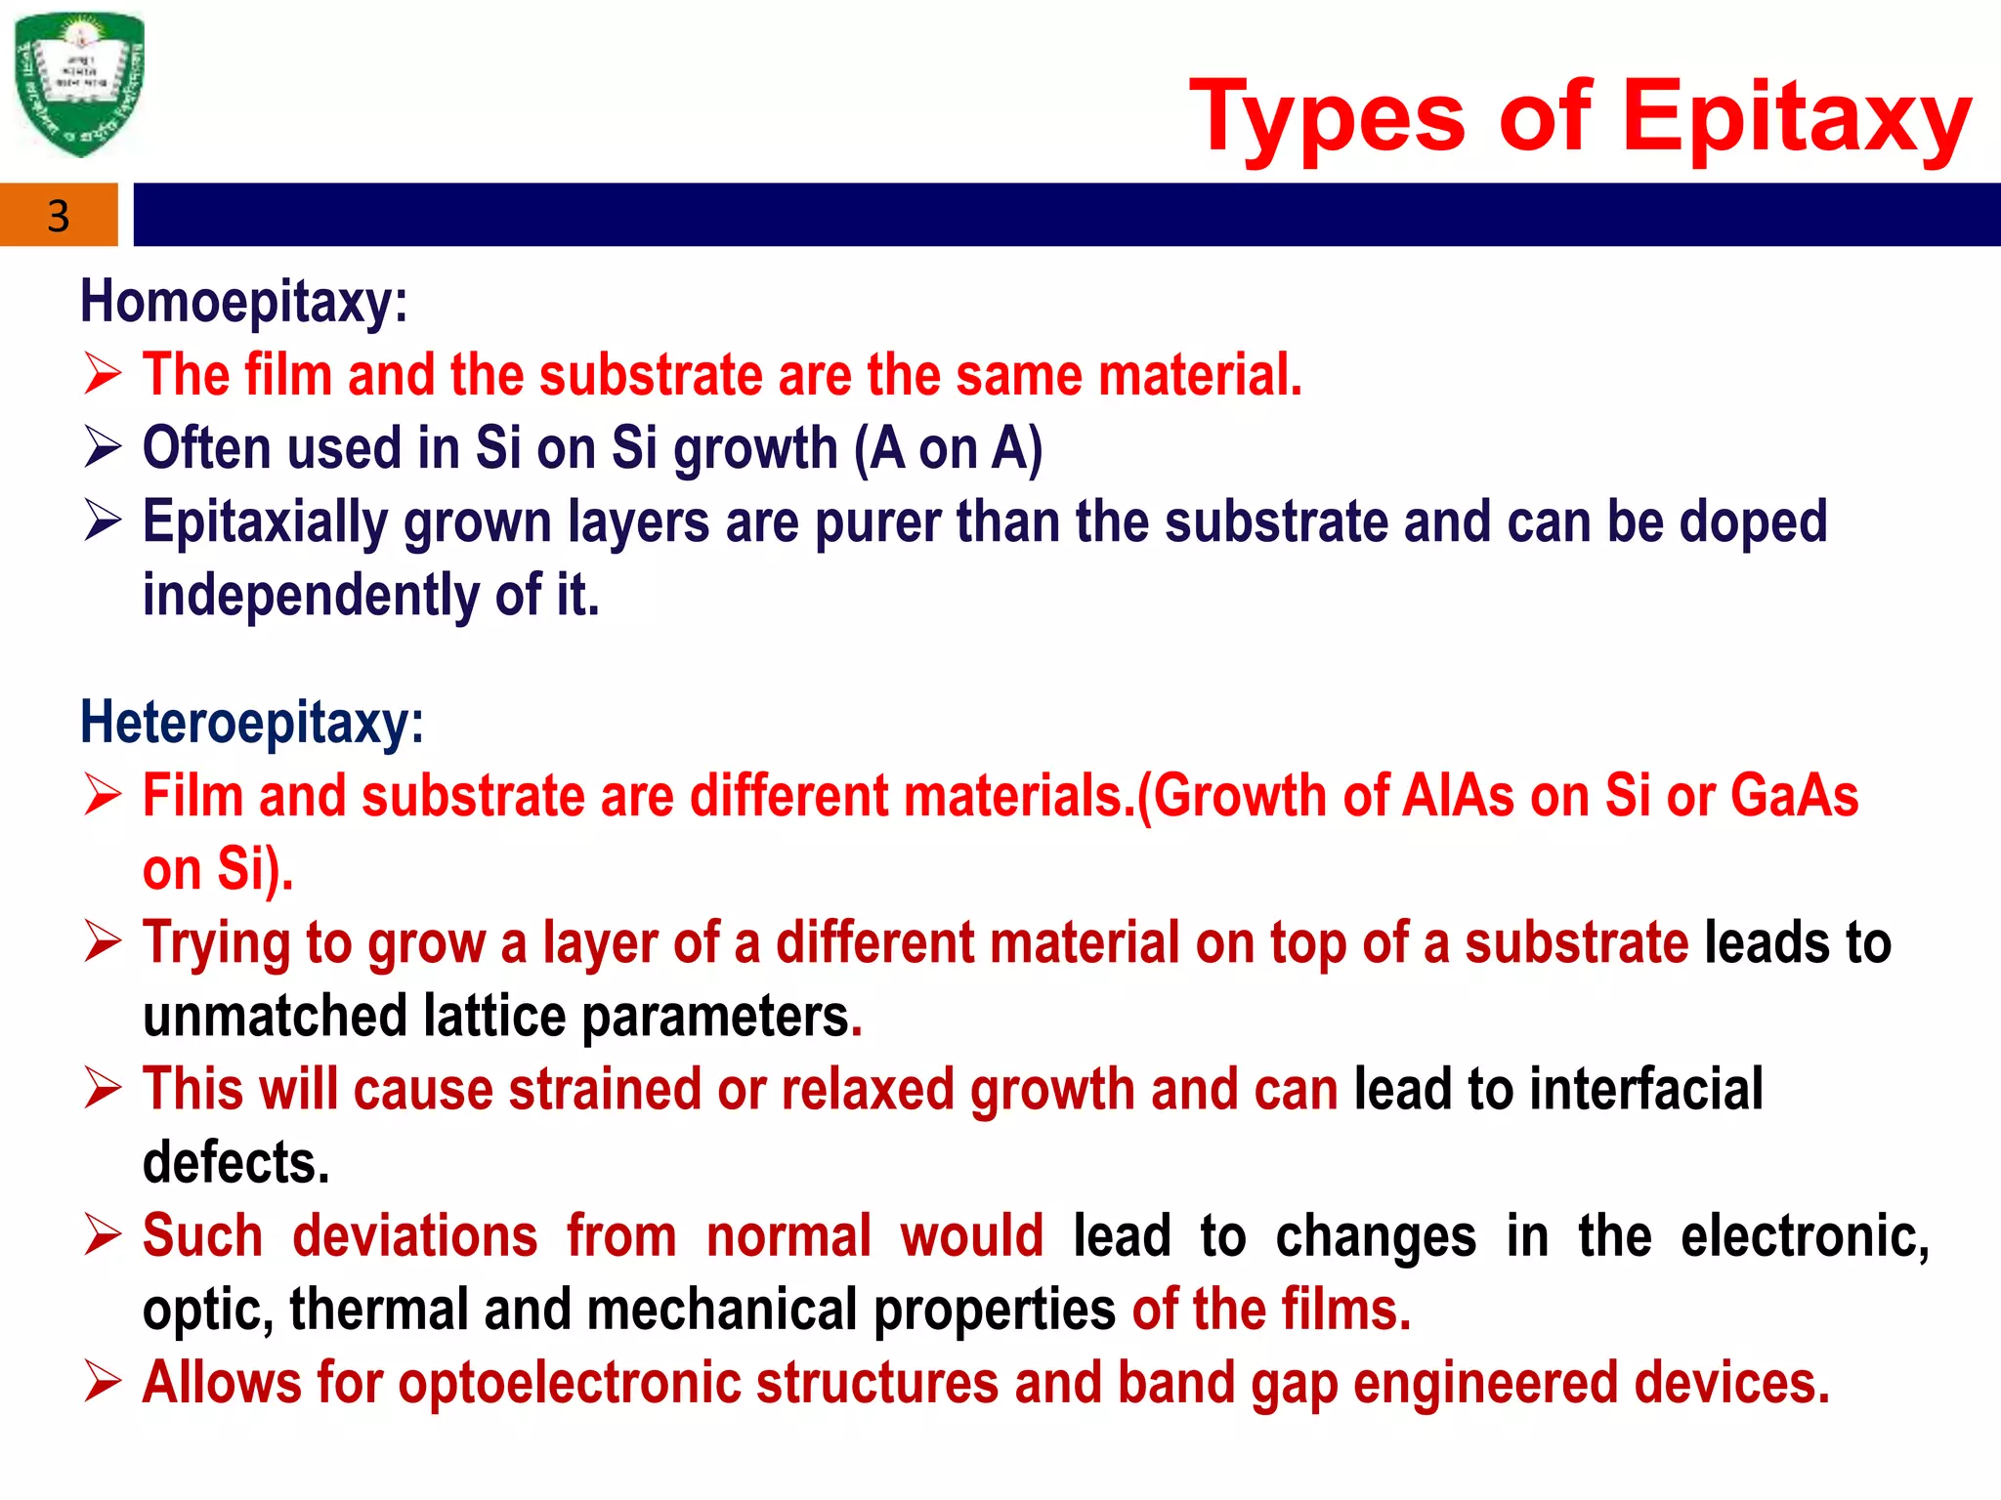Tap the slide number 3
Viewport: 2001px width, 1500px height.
point(59,216)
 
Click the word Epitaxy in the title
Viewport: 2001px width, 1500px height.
point(1796,117)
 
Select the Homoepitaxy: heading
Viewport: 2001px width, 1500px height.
point(243,301)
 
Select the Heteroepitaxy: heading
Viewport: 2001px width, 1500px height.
point(252,723)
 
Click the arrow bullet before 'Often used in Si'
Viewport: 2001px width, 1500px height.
point(103,448)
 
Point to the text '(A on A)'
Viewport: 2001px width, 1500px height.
point(948,449)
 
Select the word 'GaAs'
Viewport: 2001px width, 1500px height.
point(1794,796)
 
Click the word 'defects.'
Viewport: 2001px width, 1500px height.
point(236,1163)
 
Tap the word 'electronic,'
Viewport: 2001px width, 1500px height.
point(1805,1236)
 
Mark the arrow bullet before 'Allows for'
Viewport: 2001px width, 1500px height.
point(103,1383)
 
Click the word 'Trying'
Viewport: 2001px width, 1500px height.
point(217,944)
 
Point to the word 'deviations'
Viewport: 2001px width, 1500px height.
point(415,1236)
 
